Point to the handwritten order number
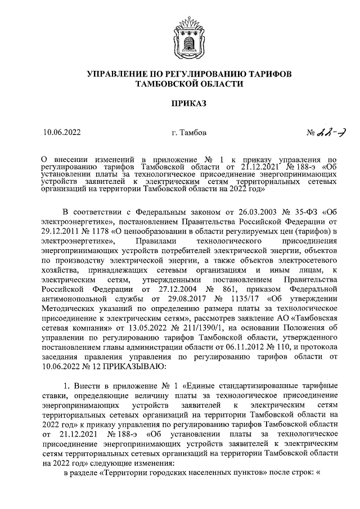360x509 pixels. pyautogui.click(x=331, y=133)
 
